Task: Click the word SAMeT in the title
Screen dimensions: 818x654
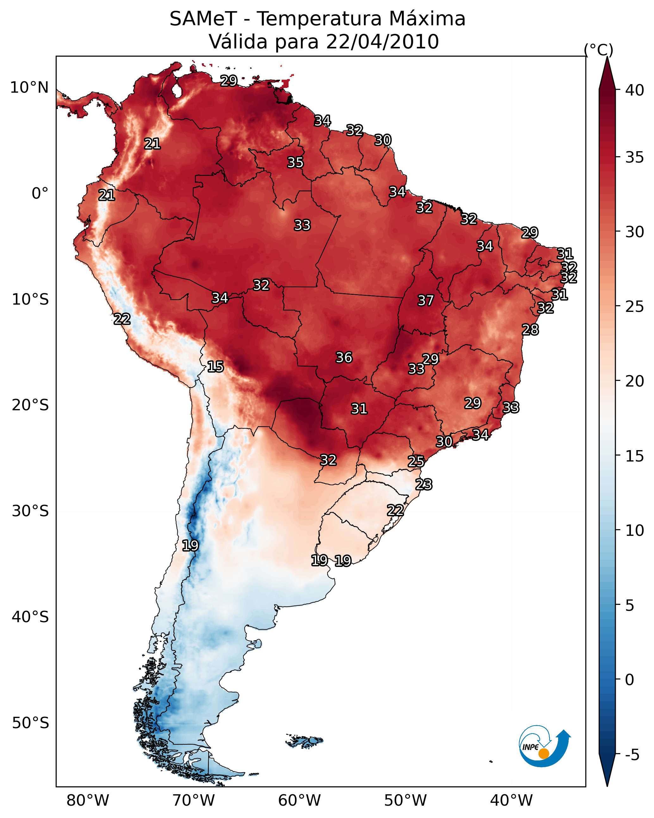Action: point(203,19)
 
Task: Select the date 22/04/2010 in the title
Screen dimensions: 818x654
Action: point(382,42)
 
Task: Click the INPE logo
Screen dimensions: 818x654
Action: point(544,747)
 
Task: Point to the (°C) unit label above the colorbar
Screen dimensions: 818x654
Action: point(598,50)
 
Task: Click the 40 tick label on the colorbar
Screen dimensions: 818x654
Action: point(635,90)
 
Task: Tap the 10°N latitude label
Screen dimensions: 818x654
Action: point(29,88)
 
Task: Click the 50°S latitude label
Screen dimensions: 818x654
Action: point(30,723)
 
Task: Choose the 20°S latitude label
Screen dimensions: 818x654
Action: point(30,405)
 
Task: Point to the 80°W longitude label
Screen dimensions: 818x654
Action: point(88,801)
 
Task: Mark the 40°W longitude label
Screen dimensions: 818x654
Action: point(511,801)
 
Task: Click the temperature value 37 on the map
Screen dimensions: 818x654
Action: point(426,301)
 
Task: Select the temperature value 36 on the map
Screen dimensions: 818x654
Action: point(344,357)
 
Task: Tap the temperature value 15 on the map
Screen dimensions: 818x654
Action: point(215,367)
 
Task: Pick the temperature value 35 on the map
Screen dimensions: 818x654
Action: point(295,162)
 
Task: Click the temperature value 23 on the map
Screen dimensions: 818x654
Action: point(424,485)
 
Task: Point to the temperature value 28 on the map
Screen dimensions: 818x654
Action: point(530,330)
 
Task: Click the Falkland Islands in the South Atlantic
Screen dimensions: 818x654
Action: point(305,741)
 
